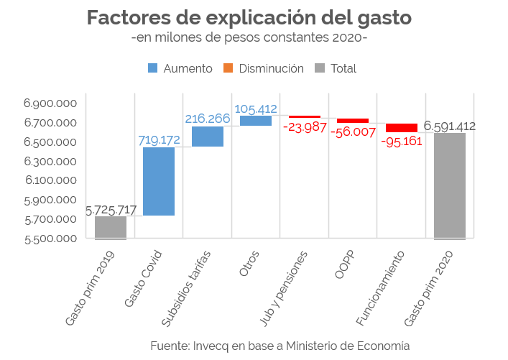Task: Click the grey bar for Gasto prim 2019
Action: (111, 227)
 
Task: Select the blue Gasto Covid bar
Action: (159, 181)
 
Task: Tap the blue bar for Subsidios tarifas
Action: (208, 136)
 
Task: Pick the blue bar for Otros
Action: (256, 121)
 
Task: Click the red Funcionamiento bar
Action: (402, 128)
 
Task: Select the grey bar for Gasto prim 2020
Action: (450, 185)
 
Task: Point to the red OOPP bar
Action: (353, 120)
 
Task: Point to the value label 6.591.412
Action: (450, 126)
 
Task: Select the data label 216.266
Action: (208, 119)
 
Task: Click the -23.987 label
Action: (305, 128)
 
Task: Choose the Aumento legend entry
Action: (180, 68)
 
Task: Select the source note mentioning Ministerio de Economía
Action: (280, 345)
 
